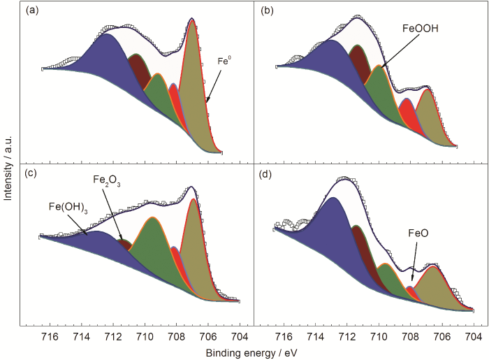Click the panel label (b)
click(x=268, y=10)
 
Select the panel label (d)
click(x=268, y=173)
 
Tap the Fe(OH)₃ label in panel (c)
click(x=68, y=206)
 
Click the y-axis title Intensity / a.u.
click(x=8, y=164)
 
